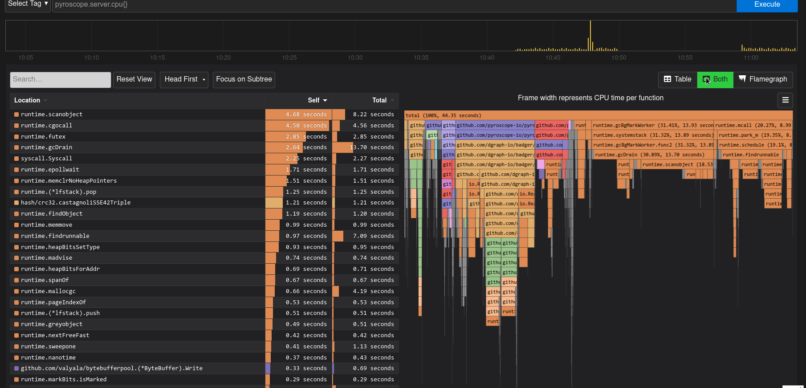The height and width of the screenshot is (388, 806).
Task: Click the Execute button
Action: tap(766, 5)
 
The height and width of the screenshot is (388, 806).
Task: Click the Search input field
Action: tap(60, 80)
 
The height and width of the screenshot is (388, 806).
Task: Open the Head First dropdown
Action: tap(184, 80)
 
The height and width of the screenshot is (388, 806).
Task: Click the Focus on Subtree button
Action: tap(244, 80)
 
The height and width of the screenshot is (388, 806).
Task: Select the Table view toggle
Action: tap(677, 80)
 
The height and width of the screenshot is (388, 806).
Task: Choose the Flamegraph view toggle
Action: tap(763, 80)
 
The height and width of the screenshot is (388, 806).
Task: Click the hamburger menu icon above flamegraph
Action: tap(785, 100)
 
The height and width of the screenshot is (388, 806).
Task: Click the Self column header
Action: tap(317, 101)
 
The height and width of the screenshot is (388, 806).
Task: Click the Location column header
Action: tap(27, 101)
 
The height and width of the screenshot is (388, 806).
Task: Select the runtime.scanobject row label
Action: tap(52, 114)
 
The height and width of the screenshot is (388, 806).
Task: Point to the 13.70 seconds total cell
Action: tap(372, 147)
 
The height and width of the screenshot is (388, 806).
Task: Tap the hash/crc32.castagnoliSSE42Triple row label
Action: tap(76, 203)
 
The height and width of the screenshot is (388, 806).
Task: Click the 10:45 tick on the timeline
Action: tap(553, 58)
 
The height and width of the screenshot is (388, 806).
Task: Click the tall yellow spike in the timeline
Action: tap(590, 36)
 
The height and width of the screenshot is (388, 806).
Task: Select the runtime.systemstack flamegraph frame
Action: tap(653, 135)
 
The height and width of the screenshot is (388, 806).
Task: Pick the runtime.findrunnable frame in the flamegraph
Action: tap(750, 155)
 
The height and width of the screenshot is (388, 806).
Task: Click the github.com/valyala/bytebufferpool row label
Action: tap(111, 368)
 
